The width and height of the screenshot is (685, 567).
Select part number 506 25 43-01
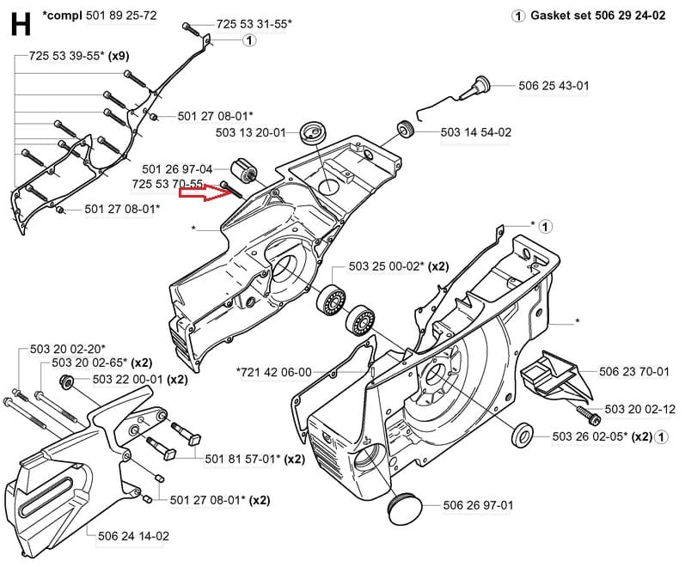click(x=554, y=85)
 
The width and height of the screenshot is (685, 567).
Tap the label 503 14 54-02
click(x=475, y=132)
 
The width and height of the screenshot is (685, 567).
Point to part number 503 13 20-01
click(x=250, y=133)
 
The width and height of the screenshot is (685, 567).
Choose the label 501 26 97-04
click(x=177, y=168)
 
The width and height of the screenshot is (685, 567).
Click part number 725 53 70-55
click(x=168, y=184)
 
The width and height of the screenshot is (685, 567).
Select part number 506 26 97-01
click(x=478, y=504)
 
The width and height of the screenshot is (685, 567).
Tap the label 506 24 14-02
click(x=133, y=536)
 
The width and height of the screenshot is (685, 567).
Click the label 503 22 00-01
click(x=127, y=379)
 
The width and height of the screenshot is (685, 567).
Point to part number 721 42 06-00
click(x=274, y=371)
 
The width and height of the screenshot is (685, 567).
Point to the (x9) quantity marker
click(x=119, y=56)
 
